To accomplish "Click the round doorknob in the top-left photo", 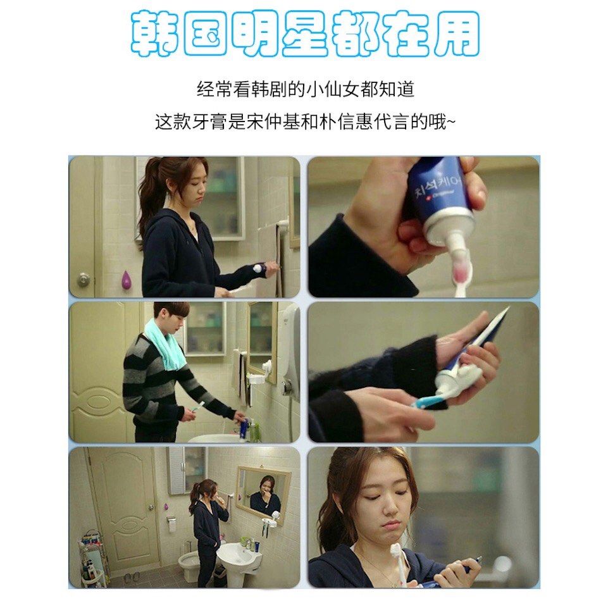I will (x=83, y=278).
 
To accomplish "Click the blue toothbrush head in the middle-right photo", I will (x=419, y=402).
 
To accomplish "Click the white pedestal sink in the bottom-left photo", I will (x=239, y=557).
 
